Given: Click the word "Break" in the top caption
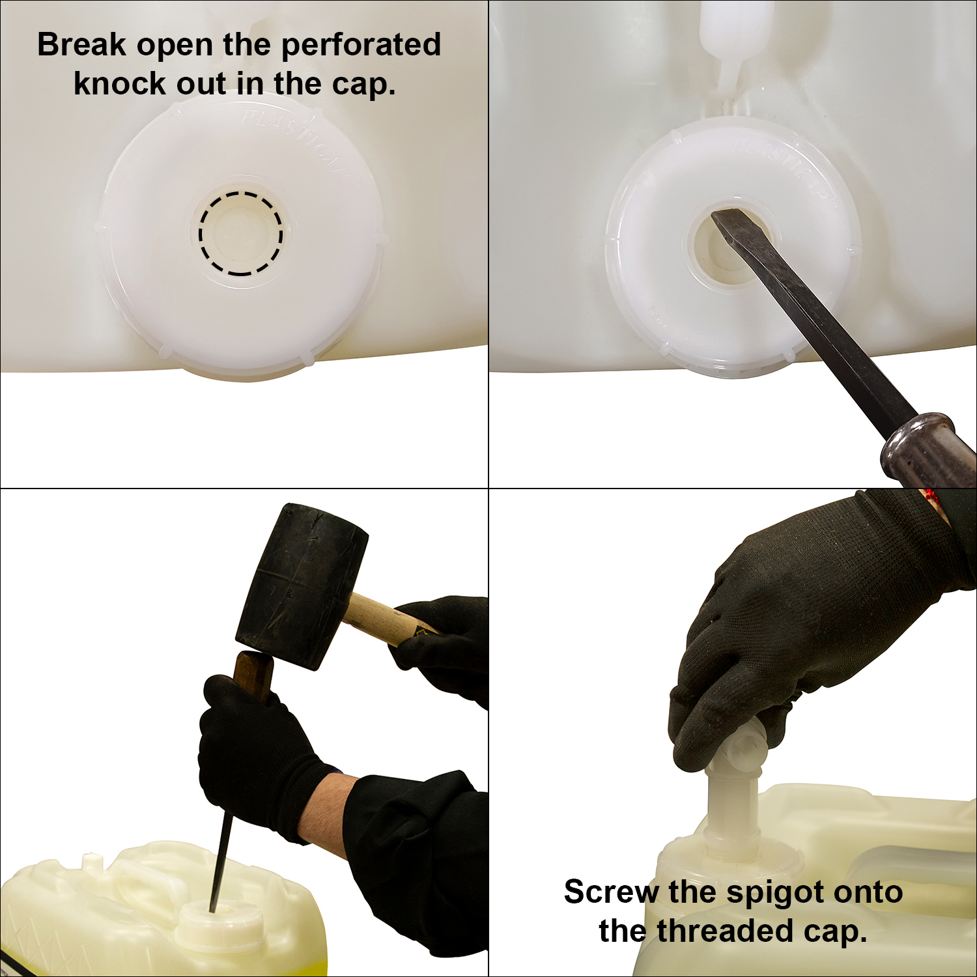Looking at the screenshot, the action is (81, 45).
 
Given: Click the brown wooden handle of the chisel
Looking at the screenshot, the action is (253, 675).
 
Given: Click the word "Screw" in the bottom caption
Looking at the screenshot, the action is (612, 892).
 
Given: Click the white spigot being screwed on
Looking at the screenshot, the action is (732, 808).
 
